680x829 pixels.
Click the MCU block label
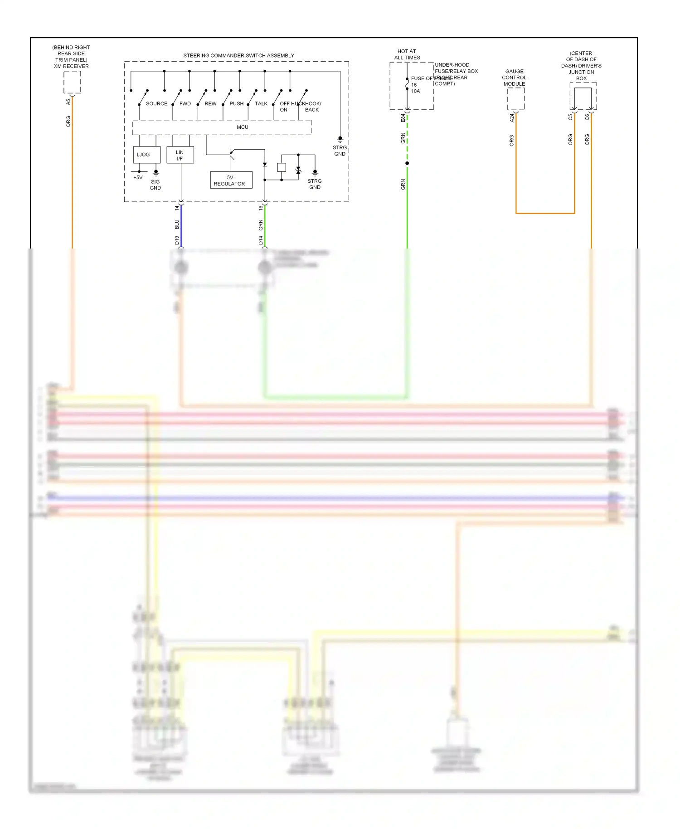pos(242,127)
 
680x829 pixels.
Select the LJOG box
pos(146,155)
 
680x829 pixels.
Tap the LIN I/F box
pos(180,155)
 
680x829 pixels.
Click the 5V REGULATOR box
pos(231,180)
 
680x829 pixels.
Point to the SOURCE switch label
pos(156,103)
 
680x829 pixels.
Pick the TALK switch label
pos(261,103)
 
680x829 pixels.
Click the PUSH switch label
pos(236,103)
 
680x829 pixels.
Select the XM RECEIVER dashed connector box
pos(72,82)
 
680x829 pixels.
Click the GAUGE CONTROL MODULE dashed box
pos(515,98)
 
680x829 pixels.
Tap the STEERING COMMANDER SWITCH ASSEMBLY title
pos(238,55)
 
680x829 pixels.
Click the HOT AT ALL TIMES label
pos(407,54)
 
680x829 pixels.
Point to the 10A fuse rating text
pos(415,91)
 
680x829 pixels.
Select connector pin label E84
pos(403,118)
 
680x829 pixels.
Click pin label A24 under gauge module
pos(512,118)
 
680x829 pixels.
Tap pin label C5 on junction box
pos(570,117)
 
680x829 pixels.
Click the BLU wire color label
pos(177,224)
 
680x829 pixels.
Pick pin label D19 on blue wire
pos(177,240)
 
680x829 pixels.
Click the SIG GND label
pos(155,185)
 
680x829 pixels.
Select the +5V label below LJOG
pos(138,177)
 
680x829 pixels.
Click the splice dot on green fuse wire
pos(407,163)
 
